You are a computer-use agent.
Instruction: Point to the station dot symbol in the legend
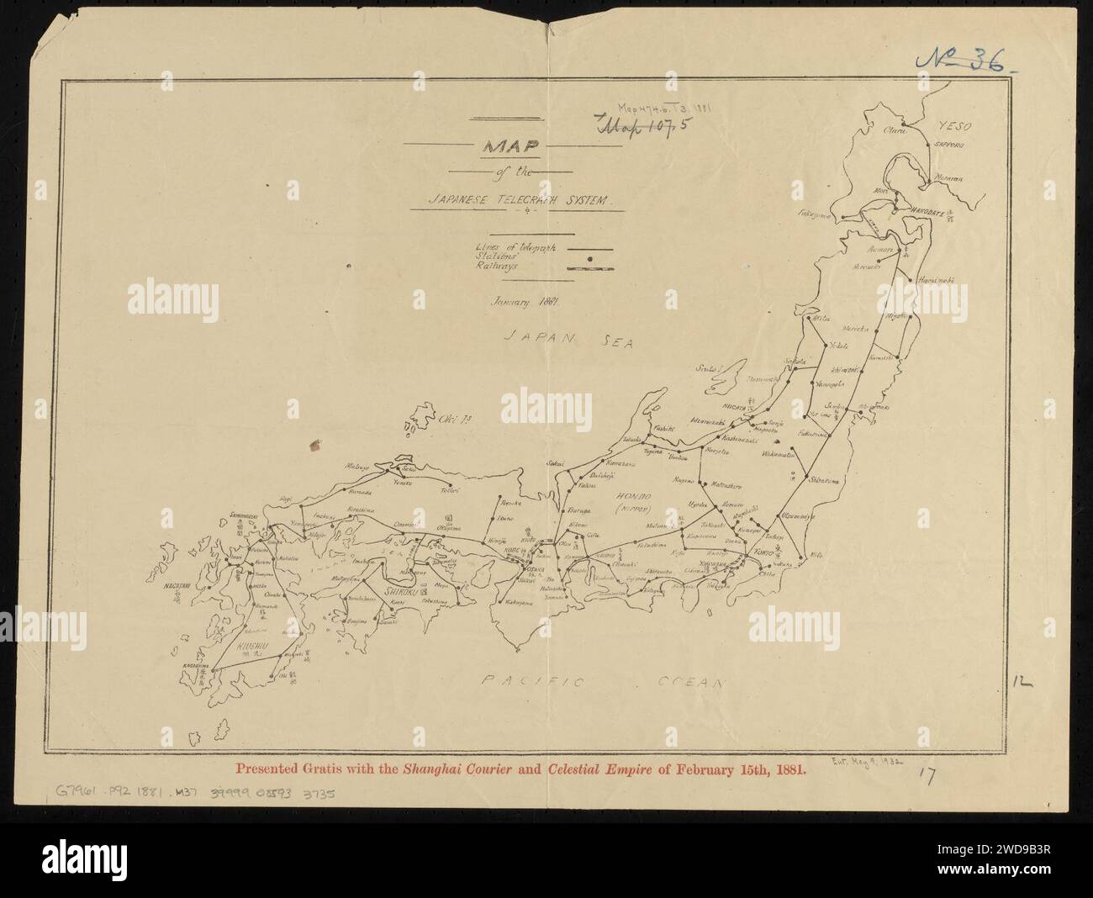coord(591,258)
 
